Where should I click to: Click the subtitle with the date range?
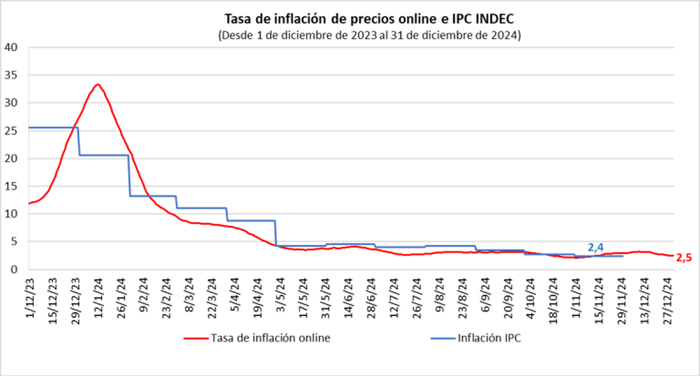coord(369,35)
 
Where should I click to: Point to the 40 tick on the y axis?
coord(12,47)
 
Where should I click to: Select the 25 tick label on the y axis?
coord(12,131)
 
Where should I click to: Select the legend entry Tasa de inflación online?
coord(257,338)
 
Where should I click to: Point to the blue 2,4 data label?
coord(595,247)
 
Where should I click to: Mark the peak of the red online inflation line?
coord(97,85)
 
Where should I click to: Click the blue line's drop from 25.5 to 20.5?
coord(79,142)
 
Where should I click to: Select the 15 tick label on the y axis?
coord(12,186)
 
